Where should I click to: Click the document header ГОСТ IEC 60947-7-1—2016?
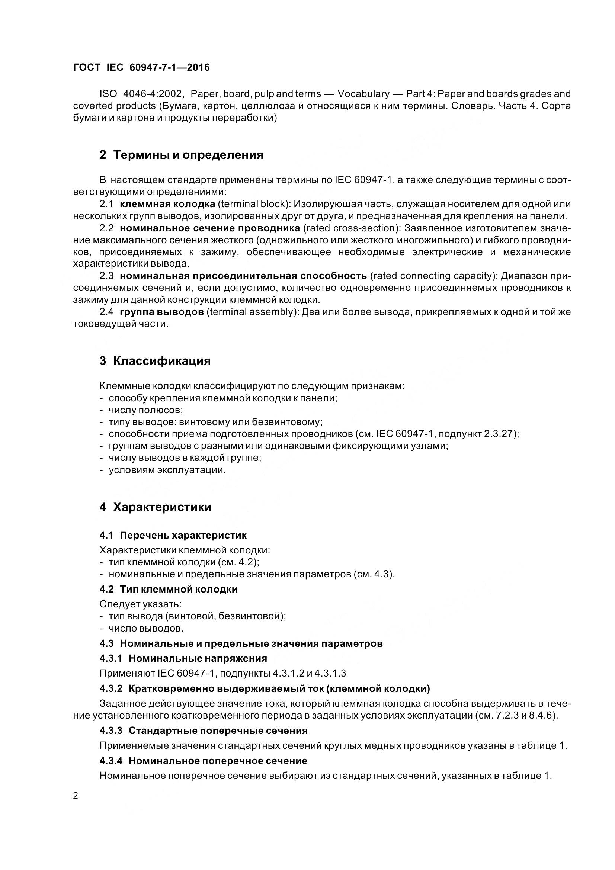[141, 67]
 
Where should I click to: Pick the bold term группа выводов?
[162, 312]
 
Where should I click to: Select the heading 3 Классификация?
[155, 361]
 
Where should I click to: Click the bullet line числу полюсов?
[145, 410]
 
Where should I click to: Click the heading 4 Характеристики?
[156, 507]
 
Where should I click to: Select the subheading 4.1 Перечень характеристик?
[173, 535]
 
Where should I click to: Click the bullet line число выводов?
[145, 628]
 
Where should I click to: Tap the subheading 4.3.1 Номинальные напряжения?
[183, 658]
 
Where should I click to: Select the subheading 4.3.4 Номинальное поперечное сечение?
[203, 761]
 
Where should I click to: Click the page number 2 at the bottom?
[76, 796]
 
